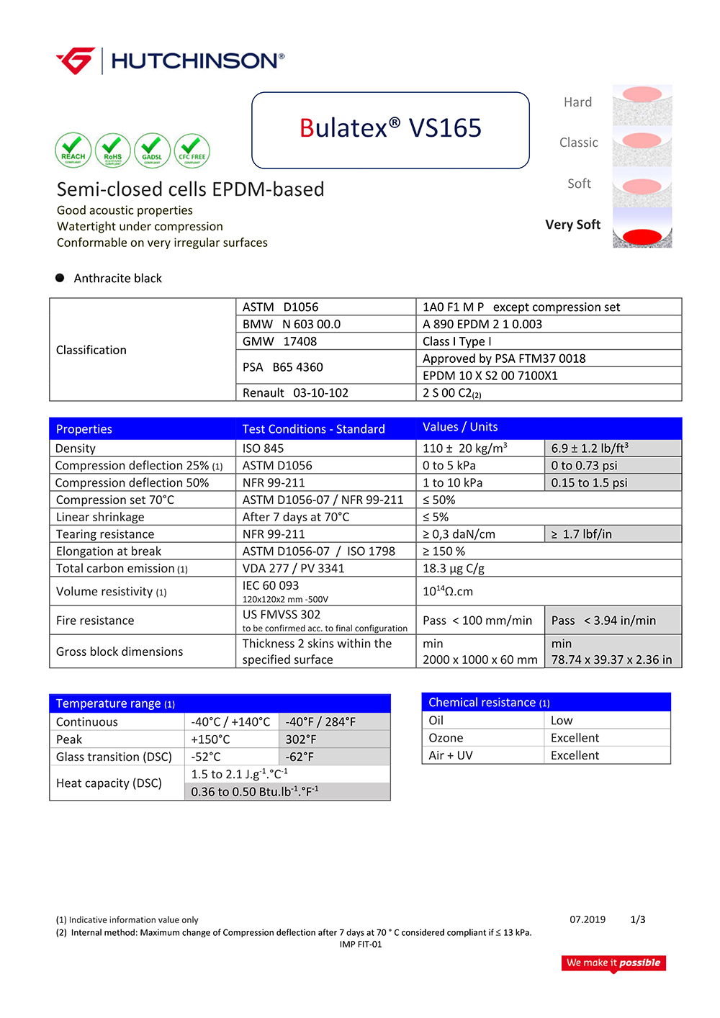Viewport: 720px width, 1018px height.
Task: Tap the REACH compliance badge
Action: tap(73, 150)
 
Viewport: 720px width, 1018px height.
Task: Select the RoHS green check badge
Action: tap(113, 150)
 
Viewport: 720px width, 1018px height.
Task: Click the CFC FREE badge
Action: tap(192, 150)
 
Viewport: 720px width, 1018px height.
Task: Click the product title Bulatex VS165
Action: tap(390, 128)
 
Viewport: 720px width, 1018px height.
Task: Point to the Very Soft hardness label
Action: tap(572, 225)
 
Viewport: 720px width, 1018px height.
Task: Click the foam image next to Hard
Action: tap(642, 104)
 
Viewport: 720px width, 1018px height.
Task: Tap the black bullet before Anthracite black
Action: tap(60, 278)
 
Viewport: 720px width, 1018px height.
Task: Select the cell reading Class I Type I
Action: tap(457, 341)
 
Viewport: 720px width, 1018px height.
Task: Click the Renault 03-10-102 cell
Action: tap(295, 392)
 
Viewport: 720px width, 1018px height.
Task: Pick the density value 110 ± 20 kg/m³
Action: tap(464, 448)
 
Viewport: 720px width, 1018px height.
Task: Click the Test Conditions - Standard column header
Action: tap(313, 429)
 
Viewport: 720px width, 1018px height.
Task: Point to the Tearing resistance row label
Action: tap(105, 534)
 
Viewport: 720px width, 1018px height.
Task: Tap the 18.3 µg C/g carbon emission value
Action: tap(454, 569)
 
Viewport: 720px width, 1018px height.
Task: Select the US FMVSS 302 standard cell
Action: tap(282, 614)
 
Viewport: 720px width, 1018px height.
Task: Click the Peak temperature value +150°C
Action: tap(210, 739)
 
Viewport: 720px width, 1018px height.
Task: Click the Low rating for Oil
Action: tap(562, 721)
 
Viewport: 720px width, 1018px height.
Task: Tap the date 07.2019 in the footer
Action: tap(588, 919)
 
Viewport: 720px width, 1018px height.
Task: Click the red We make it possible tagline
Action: tap(613, 963)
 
